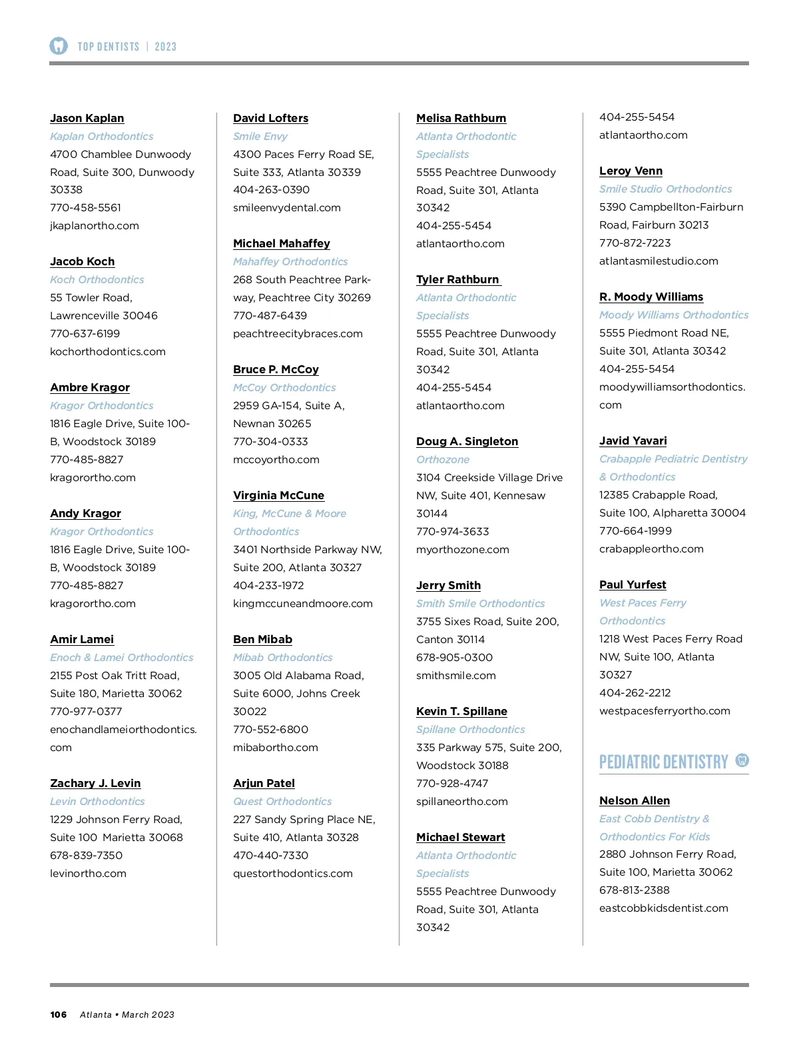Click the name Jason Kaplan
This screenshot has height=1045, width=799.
[x=87, y=118]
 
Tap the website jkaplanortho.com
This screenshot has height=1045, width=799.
[x=95, y=225]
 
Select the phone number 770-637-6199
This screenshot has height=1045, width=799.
[x=85, y=333]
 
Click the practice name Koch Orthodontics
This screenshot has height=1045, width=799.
[x=97, y=279]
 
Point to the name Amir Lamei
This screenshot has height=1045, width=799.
[x=82, y=639]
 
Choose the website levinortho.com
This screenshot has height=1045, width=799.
[x=88, y=873]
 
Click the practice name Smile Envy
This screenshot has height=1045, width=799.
[x=260, y=136]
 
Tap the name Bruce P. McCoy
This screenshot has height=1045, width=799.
[x=276, y=369]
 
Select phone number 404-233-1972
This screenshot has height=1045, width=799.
[x=268, y=585]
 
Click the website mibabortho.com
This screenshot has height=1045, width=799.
[x=276, y=747]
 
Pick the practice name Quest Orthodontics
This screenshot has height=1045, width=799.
[x=282, y=801]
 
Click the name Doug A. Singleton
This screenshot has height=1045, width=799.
[x=467, y=441]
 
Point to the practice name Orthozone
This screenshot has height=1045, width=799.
[x=443, y=459]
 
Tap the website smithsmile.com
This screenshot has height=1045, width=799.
[x=456, y=675]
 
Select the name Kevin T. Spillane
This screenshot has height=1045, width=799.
[x=461, y=711]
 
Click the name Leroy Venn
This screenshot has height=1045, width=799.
[x=631, y=171]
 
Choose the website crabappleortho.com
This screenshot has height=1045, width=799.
[x=651, y=548]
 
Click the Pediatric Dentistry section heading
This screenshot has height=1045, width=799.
[x=663, y=762]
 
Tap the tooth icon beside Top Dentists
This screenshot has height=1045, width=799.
[x=59, y=46]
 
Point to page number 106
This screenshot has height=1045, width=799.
[x=59, y=1014]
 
